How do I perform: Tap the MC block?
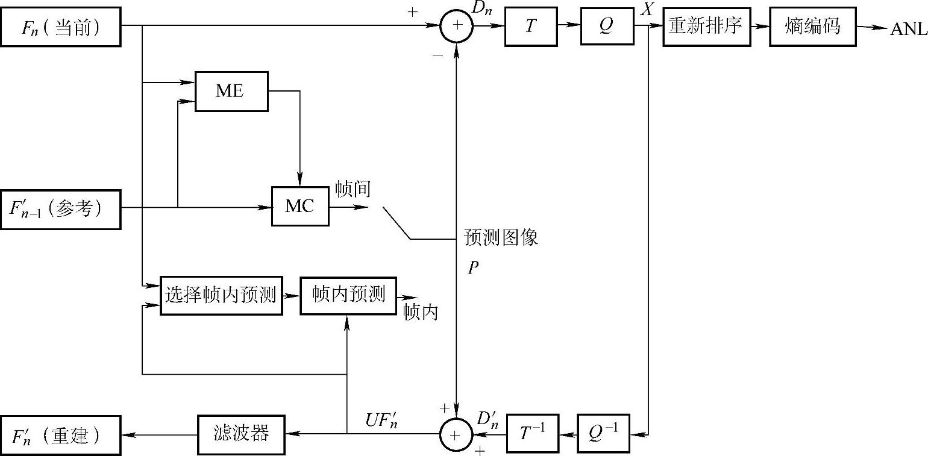point(300,206)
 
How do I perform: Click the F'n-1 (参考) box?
point(60,209)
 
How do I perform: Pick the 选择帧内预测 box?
point(221,296)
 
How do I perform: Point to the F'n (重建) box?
point(60,434)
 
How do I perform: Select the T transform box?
point(530,27)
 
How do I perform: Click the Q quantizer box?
point(607,27)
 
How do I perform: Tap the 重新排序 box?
point(706,27)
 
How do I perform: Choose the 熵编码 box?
point(812,27)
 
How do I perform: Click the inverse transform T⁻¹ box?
point(532,433)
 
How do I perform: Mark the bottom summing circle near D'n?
point(457,434)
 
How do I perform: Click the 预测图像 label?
point(501,238)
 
